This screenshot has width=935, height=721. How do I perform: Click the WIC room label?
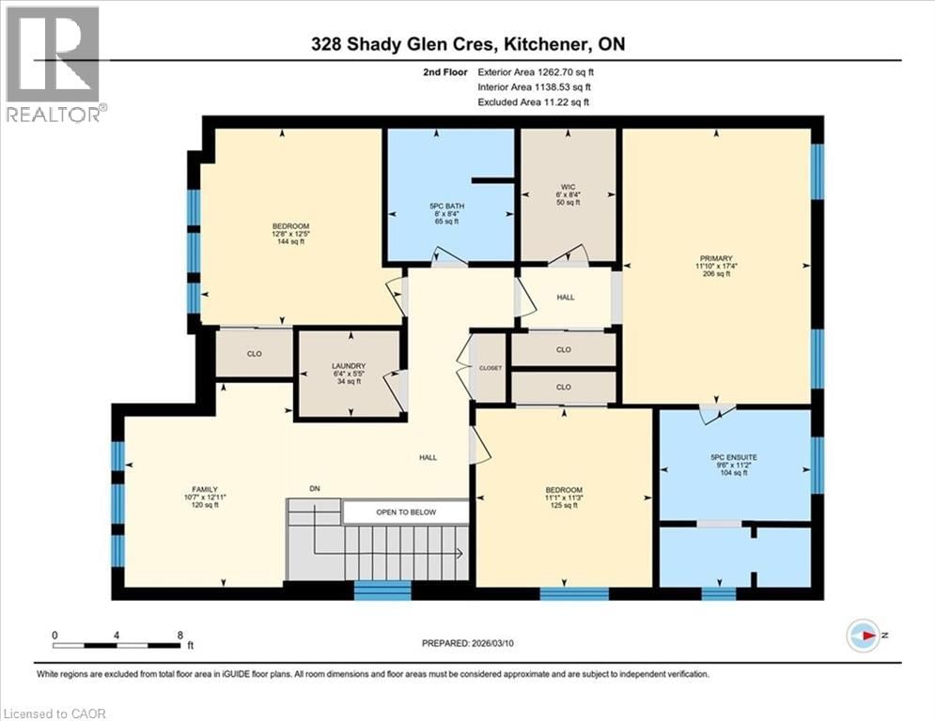pos(567,185)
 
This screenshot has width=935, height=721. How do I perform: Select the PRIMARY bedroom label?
pos(715,258)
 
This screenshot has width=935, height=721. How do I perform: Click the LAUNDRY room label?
pos(348,366)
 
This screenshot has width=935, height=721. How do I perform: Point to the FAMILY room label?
pos(205,489)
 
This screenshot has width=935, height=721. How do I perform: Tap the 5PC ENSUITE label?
pos(734,457)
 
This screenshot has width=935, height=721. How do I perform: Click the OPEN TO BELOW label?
pos(405,513)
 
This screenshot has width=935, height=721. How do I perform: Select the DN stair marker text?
pos(315,487)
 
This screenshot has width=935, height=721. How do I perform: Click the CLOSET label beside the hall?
pos(491,368)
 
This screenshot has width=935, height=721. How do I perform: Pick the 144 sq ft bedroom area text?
pos(290,242)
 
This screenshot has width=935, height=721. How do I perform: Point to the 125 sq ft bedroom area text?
pos(565,506)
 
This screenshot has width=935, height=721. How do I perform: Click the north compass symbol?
pos(864,637)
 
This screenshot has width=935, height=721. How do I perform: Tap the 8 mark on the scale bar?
pos(179,635)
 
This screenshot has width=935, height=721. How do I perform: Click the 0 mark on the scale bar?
pos(55,635)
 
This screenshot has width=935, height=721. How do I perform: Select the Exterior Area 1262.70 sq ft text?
pos(536,70)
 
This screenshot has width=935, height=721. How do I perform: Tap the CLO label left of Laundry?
pos(254,354)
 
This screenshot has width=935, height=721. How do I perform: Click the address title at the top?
pos(467,44)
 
